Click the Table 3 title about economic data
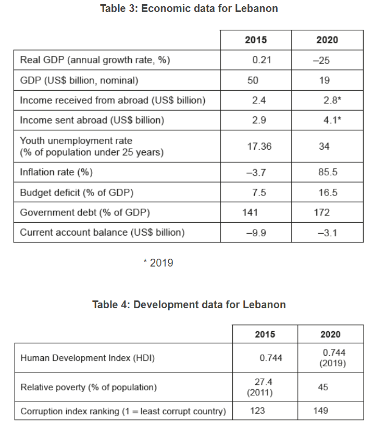(189, 8)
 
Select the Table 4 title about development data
(189, 305)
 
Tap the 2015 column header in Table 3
(255, 40)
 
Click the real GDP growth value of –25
(321, 61)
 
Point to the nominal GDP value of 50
(253, 80)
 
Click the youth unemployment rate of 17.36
(259, 147)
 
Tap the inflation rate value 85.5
(328, 172)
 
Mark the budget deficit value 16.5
(328, 192)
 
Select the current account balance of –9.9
(256, 233)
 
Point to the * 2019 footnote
(158, 263)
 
